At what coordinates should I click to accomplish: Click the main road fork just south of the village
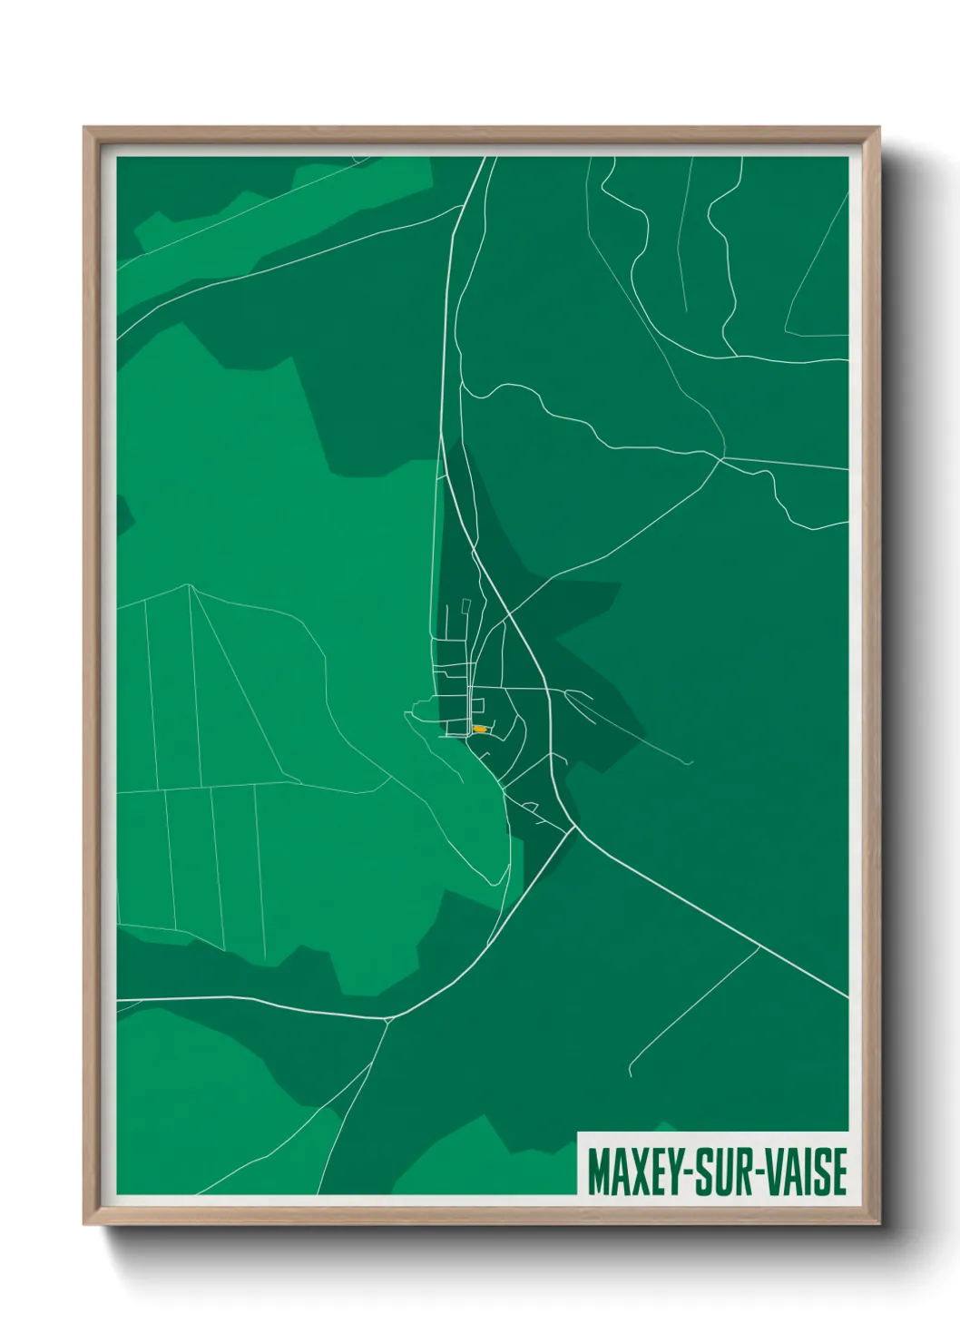point(573,828)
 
